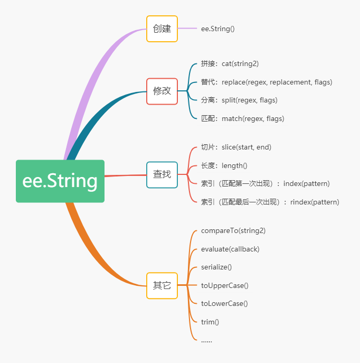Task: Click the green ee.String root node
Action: point(60,181)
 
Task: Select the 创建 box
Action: point(162,29)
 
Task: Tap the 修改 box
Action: point(162,91)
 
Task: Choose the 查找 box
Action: point(162,175)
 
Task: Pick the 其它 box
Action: point(162,286)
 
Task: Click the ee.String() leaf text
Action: point(218,29)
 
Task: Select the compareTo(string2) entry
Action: point(233,230)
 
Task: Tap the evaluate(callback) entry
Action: point(230,249)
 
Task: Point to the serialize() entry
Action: point(216,267)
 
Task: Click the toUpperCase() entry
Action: point(225,286)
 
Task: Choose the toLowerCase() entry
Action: point(224,303)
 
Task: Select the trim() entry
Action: point(210,322)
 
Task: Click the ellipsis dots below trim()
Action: point(206,341)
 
